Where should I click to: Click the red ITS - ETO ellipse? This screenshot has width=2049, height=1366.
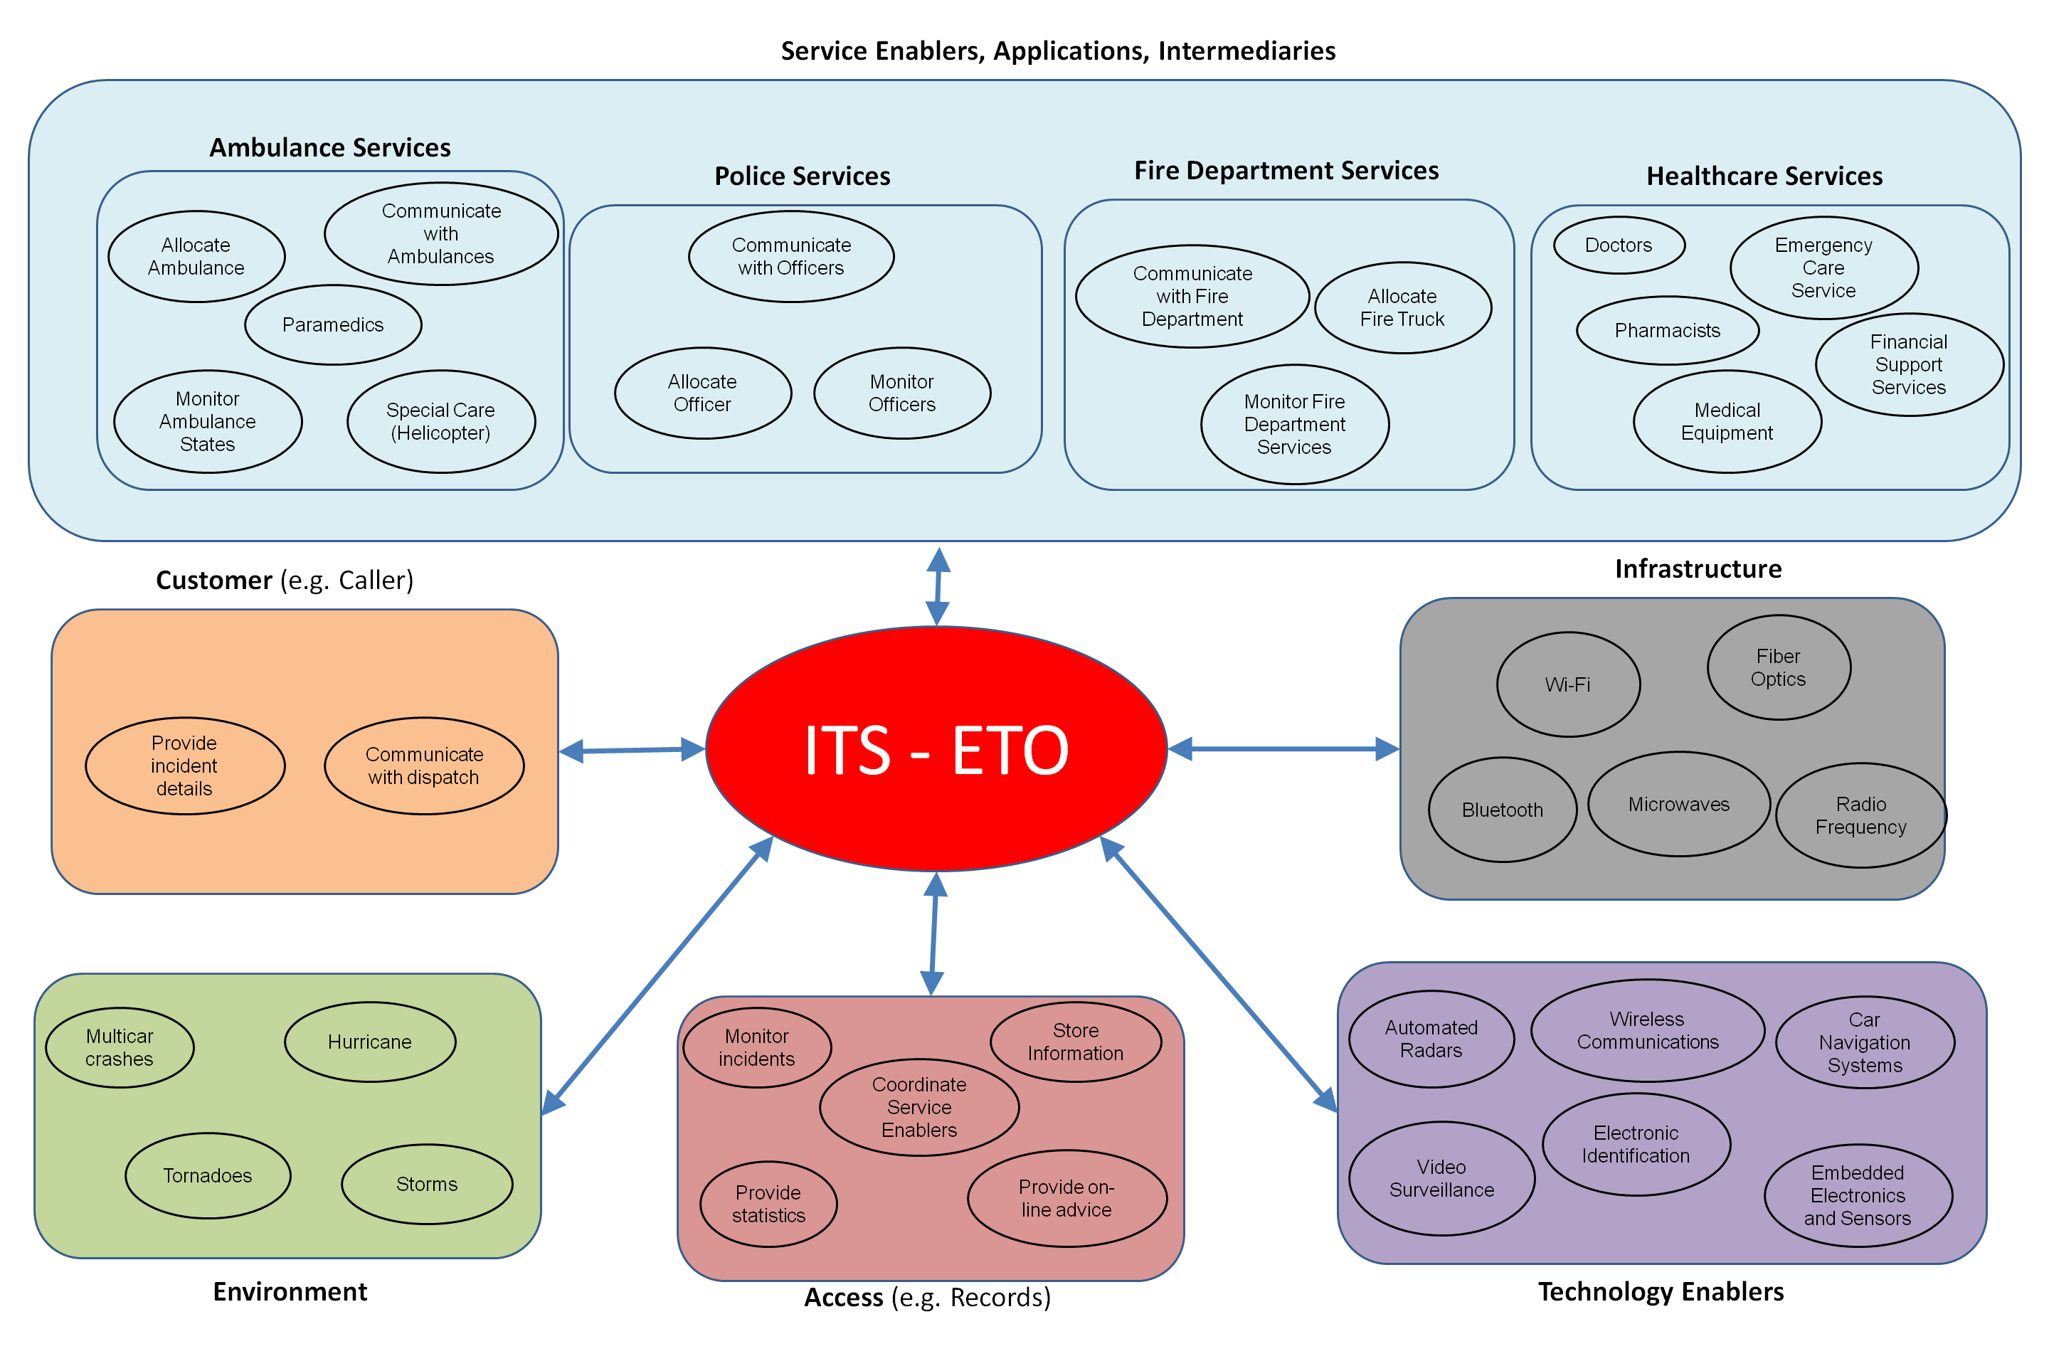click(x=936, y=749)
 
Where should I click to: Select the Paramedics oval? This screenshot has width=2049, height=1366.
click(x=333, y=325)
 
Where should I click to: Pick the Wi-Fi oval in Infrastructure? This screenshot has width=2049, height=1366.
click(x=1568, y=684)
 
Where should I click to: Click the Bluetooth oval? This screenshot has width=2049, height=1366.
click(x=1502, y=810)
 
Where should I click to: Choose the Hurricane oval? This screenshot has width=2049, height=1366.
click(x=369, y=1042)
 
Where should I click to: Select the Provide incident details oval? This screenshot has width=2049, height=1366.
click(x=185, y=766)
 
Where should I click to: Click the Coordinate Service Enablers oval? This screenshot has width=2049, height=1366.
click(x=919, y=1107)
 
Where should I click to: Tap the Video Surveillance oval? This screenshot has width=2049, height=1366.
click(x=1442, y=1179)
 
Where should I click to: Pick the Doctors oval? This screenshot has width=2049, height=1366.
click(x=1619, y=245)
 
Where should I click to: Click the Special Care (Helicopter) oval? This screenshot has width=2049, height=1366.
click(x=441, y=422)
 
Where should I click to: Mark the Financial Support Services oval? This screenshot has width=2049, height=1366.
click(x=1909, y=365)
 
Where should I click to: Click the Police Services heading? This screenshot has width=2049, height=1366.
click(x=803, y=176)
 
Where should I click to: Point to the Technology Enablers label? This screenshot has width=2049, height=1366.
click(x=1661, y=1291)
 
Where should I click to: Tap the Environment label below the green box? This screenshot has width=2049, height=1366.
click(x=290, y=1291)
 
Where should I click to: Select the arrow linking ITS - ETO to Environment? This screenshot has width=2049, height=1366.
click(x=657, y=975)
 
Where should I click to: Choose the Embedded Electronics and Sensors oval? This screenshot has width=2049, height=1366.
click(x=1858, y=1196)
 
